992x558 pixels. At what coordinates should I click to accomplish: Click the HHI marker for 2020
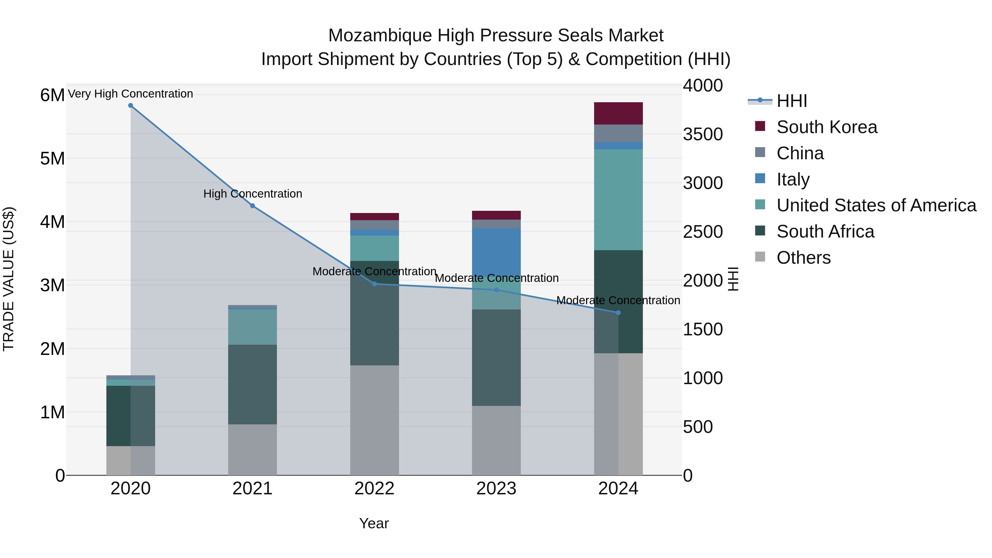pos(131,106)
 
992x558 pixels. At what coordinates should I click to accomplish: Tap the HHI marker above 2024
pos(618,313)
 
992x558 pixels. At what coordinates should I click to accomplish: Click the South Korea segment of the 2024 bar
pos(618,113)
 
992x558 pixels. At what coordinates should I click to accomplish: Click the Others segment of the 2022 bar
pos(374,420)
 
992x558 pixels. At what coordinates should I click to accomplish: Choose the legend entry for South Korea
pos(826,127)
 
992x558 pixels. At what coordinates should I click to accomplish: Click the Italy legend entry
pos(793,179)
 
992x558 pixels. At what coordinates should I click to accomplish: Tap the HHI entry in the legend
pos(791,101)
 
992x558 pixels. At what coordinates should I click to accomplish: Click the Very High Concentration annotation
pos(131,94)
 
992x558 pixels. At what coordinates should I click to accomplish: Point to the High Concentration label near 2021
pos(253,194)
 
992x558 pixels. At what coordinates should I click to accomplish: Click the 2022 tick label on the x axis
pos(374,489)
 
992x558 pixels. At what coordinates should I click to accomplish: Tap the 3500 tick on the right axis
pos(703,134)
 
